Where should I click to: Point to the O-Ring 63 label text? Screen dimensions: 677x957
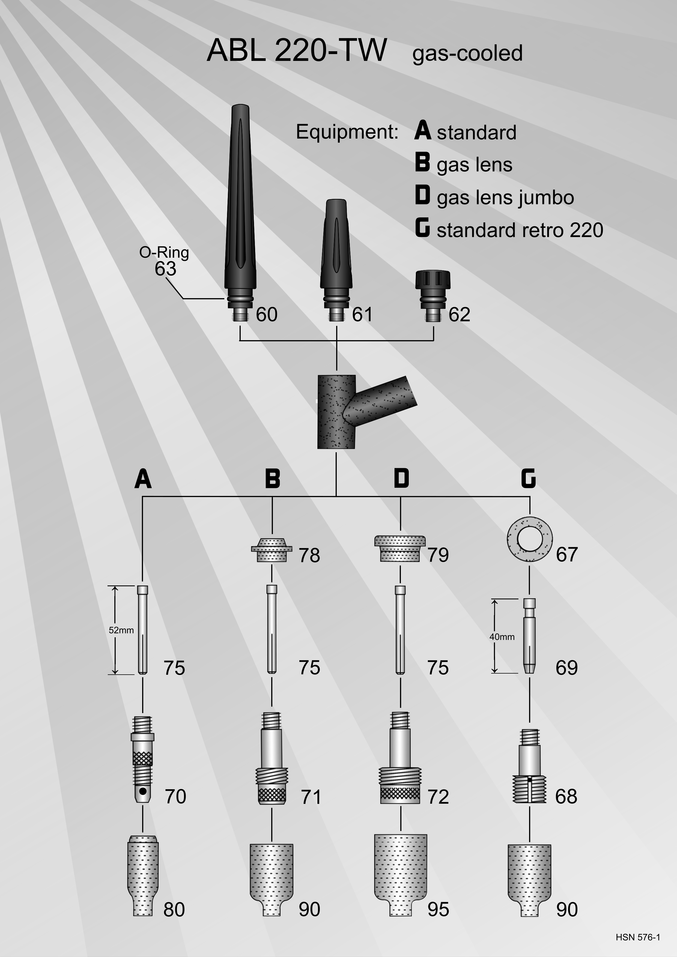tap(164, 261)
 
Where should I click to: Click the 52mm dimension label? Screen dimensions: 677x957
tap(121, 630)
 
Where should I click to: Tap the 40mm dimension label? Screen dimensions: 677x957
tap(502, 637)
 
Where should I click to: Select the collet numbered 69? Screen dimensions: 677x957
tap(529, 636)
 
